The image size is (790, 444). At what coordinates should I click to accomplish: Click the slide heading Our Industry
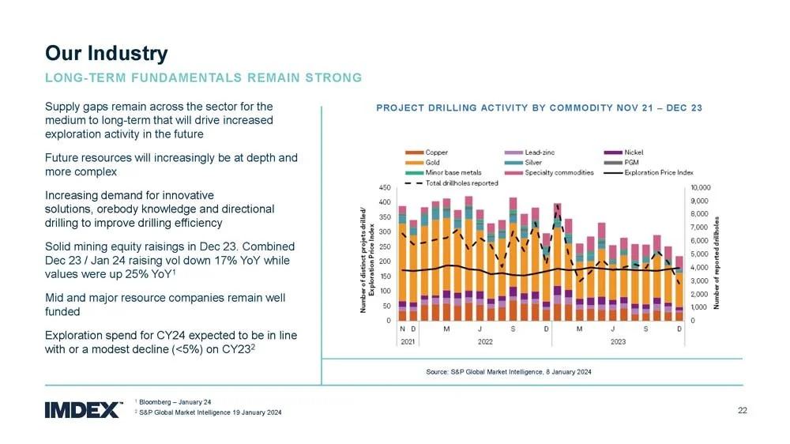(106, 53)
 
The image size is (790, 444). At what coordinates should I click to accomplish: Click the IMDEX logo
(84, 409)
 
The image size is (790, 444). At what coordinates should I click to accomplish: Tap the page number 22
(742, 410)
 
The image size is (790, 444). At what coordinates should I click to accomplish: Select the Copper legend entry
(436, 152)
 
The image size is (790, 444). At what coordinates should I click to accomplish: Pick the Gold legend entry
(433, 162)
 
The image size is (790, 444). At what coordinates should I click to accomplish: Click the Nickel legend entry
(634, 152)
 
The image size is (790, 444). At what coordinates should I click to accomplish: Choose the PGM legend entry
(631, 162)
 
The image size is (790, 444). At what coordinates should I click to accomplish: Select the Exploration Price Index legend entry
(658, 172)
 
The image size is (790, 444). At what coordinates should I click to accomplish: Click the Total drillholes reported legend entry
(461, 182)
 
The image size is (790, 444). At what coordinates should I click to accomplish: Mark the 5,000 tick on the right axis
(701, 254)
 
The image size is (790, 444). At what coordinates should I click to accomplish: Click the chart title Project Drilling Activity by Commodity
(540, 107)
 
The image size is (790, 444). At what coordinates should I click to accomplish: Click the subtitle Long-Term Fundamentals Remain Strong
(203, 77)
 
